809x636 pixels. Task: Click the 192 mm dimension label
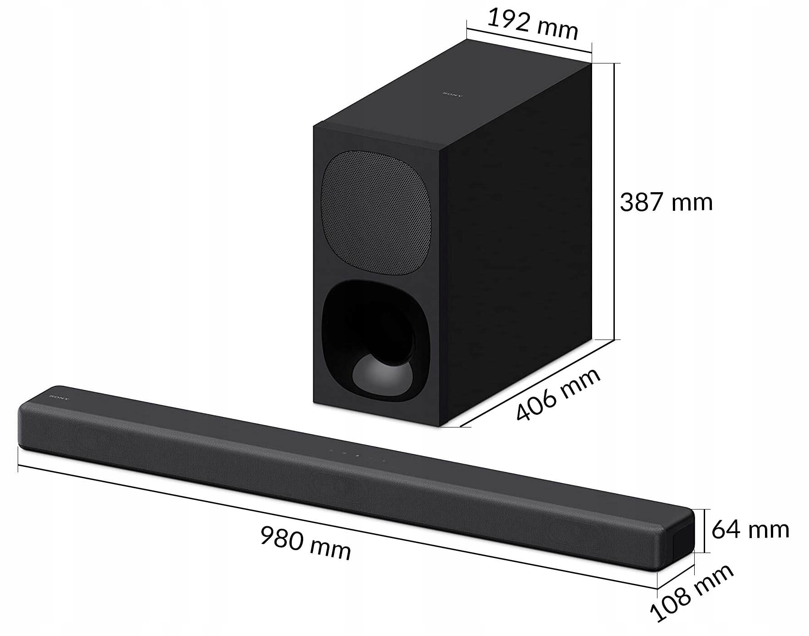532,23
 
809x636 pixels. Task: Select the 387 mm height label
666,202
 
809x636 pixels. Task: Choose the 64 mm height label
750,529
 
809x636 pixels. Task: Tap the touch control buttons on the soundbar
357,455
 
